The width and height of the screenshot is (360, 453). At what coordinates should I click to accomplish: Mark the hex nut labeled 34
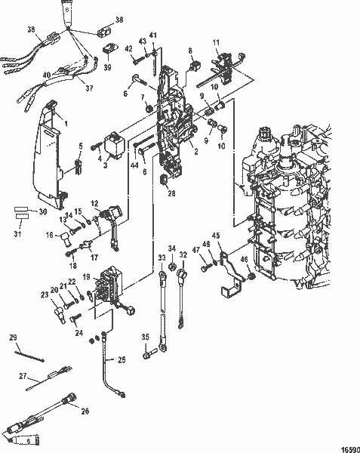[173, 269]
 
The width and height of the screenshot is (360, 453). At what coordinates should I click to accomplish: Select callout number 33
[161, 258]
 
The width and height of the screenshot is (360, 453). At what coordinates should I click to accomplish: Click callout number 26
[85, 411]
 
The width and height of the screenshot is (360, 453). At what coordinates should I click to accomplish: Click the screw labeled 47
[205, 266]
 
